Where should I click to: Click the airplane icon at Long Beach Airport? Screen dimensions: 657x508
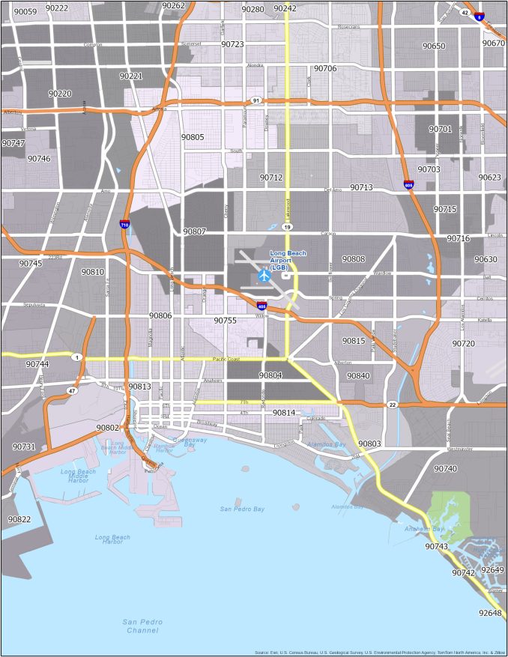point(263,276)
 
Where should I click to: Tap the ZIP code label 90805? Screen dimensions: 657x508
point(193,137)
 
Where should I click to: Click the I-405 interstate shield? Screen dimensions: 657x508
point(261,306)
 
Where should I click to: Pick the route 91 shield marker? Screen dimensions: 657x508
point(256,100)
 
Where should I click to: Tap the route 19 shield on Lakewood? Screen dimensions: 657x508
point(287,226)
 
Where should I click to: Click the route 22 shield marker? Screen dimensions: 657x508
point(393,405)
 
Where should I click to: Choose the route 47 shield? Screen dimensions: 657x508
point(71,391)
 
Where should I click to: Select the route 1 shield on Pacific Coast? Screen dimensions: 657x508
point(76,358)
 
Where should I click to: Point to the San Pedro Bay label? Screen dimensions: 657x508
point(242,509)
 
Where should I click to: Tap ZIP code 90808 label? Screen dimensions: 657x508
point(354,259)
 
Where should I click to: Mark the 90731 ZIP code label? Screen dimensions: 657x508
point(23,446)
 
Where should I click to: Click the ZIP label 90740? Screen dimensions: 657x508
point(445,469)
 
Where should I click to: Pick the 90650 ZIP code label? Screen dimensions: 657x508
point(434,46)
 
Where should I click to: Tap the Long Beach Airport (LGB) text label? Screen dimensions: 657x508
point(288,260)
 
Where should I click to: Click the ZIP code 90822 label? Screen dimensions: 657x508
point(19,519)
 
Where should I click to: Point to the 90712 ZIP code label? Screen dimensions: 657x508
point(271,178)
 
